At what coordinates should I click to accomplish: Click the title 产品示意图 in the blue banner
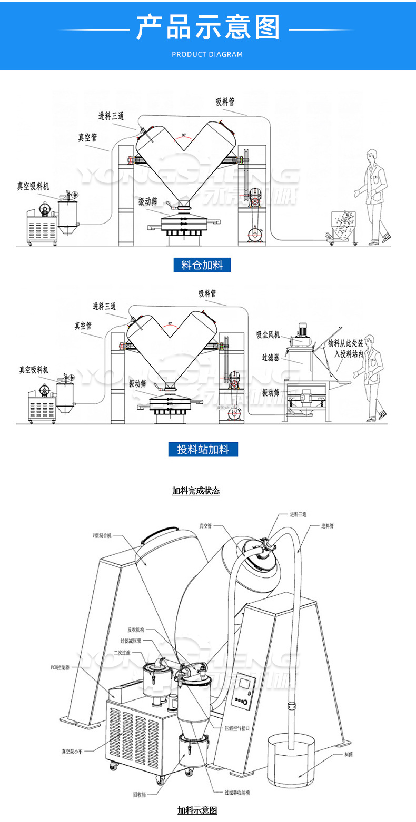pyautogui.click(x=208, y=27)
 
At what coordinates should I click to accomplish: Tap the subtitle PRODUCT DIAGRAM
pyautogui.click(x=207, y=54)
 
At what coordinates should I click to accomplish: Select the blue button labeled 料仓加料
pyautogui.click(x=202, y=265)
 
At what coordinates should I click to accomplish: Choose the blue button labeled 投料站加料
pyautogui.click(x=203, y=449)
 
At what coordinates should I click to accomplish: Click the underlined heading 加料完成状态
pyautogui.click(x=195, y=491)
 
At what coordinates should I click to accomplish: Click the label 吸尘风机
pyautogui.click(x=268, y=335)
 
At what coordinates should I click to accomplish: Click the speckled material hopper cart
pyautogui.click(x=343, y=225)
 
